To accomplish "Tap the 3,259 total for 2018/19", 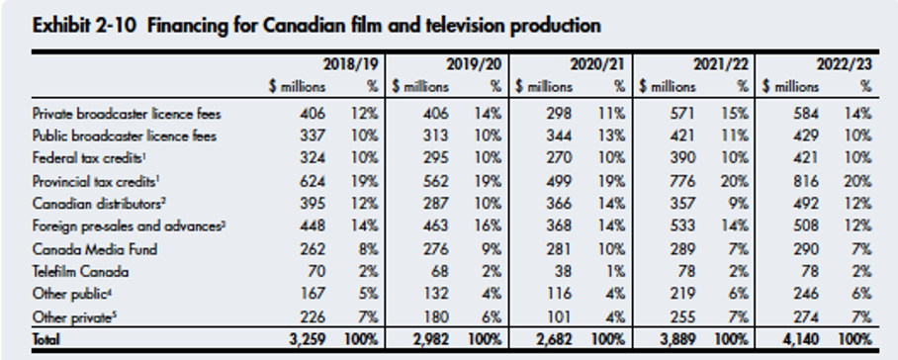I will point(307,337).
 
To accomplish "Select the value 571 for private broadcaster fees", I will point(681,114).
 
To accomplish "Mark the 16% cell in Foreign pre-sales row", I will point(489,225).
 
